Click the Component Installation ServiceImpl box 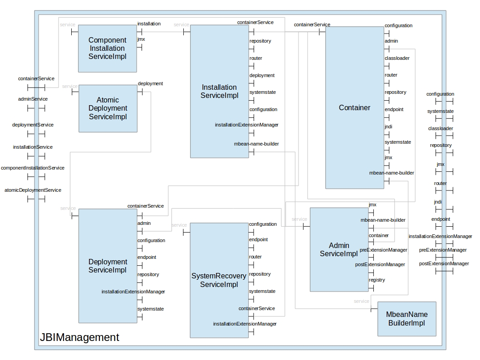pyautogui.click(x=107, y=49)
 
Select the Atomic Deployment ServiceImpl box pyautogui.click(x=108, y=108)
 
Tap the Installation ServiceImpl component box pyautogui.click(x=219, y=91)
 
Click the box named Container pyautogui.click(x=354, y=107)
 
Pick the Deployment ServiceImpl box pyautogui.click(x=108, y=266)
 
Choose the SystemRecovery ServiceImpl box pyautogui.click(x=219, y=280)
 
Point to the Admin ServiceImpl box pyautogui.click(x=338, y=249)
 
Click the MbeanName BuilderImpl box pyautogui.click(x=407, y=319)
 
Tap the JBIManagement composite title pyautogui.click(x=79, y=337)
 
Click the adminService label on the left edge pyautogui.click(x=33, y=99)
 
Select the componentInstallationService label pyautogui.click(x=33, y=168)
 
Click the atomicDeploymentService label pyautogui.click(x=33, y=190)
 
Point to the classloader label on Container pyautogui.click(x=397, y=58)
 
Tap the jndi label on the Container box pyautogui.click(x=389, y=127)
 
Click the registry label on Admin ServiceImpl pyautogui.click(x=377, y=280)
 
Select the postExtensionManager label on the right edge pyautogui.click(x=444, y=263)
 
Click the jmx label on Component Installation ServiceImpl pyautogui.click(x=141, y=39)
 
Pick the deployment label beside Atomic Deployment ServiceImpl pyautogui.click(x=150, y=83)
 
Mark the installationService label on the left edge pyautogui.click(x=33, y=147)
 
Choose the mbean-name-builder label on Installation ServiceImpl pyautogui.click(x=256, y=144)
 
